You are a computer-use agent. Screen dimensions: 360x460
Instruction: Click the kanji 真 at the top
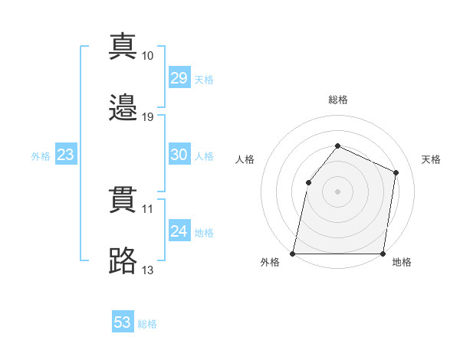point(123,46)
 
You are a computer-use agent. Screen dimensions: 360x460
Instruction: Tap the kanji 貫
point(123,199)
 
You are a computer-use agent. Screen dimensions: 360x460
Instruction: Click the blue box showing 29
point(179,78)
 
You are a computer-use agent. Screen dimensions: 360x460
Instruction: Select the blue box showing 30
point(179,155)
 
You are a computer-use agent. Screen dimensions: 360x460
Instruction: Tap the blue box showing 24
point(179,231)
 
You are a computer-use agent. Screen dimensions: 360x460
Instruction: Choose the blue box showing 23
point(65,155)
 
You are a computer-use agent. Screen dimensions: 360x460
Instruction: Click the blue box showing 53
point(123,322)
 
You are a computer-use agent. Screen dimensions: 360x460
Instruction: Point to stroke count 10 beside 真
point(148,56)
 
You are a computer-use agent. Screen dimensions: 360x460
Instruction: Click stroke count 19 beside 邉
point(148,117)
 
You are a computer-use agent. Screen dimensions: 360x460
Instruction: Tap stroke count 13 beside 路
point(148,270)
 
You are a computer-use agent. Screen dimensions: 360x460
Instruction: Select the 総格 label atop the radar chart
point(338,100)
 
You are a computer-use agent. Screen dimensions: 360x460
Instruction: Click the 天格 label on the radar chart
point(431,159)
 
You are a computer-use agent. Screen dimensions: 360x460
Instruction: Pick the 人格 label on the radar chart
point(245,159)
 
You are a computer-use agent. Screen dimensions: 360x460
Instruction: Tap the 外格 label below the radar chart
point(271,263)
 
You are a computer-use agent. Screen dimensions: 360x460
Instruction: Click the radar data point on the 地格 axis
point(383,254)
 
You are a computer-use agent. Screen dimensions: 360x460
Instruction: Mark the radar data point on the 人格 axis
point(308,182)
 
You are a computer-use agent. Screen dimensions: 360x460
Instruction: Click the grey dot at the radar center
point(337,191)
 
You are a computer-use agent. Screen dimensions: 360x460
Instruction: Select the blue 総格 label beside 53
point(147,323)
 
